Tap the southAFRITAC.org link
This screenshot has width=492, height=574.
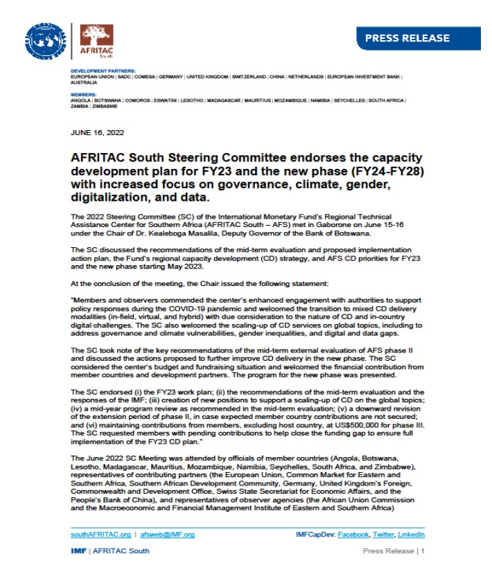click(100, 535)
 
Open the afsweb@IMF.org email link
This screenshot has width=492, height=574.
click(167, 535)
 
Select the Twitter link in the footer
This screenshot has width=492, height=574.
click(384, 535)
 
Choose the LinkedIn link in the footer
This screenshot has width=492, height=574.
click(412, 535)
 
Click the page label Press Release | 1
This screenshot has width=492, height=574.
click(394, 551)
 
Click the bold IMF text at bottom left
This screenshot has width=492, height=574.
click(78, 551)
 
